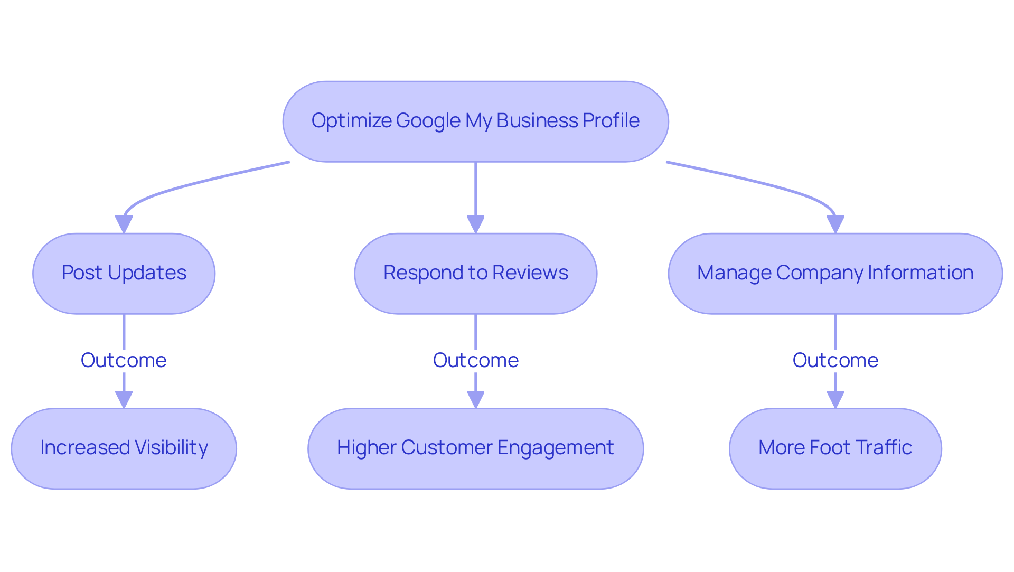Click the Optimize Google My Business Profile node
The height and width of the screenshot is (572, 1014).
click(x=475, y=121)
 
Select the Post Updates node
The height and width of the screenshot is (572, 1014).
click(x=124, y=273)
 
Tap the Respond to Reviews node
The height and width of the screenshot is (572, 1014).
click(x=475, y=273)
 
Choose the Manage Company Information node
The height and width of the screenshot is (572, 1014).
click(x=835, y=273)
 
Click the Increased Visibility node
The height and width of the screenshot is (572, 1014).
click(x=124, y=448)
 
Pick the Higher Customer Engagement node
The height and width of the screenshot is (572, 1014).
click(x=475, y=448)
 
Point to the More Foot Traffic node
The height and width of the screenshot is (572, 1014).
click(x=835, y=448)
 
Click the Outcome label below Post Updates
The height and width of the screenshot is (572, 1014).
click(x=124, y=360)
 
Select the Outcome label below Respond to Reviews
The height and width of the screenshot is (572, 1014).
click(x=475, y=360)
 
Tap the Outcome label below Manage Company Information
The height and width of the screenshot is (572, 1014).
click(x=835, y=360)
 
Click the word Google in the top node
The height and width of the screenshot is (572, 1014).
click(x=428, y=121)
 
